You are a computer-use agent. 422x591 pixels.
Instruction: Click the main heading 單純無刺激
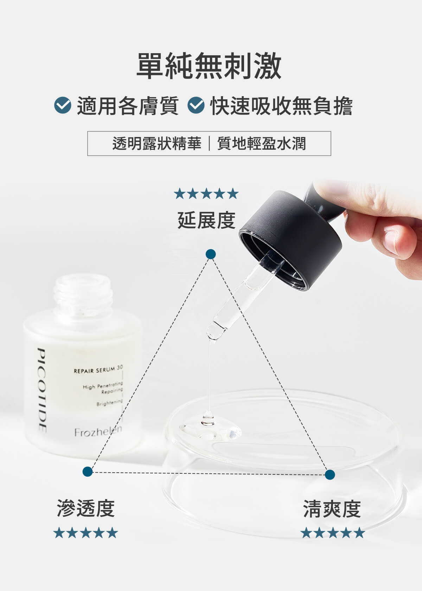click(209, 66)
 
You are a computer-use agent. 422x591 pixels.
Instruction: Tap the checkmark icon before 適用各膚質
click(63, 105)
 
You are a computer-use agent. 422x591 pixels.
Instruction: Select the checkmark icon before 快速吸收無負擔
click(196, 105)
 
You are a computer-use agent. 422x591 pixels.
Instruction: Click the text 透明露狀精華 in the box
click(157, 144)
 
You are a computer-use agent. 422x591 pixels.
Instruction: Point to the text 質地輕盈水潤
click(262, 144)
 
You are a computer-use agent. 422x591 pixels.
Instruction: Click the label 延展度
click(206, 220)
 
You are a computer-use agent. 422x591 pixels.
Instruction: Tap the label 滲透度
click(85, 508)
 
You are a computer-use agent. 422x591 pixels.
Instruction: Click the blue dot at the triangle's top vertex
click(211, 254)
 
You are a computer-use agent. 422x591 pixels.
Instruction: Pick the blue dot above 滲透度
click(88, 471)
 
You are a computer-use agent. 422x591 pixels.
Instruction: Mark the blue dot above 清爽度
click(330, 474)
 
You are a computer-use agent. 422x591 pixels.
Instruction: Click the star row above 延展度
click(206, 193)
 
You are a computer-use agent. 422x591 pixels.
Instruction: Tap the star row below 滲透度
click(85, 533)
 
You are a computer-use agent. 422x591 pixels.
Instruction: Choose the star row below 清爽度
click(333, 533)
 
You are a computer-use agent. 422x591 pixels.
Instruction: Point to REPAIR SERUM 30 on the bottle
click(98, 369)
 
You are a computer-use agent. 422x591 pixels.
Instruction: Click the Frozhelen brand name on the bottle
click(98, 431)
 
